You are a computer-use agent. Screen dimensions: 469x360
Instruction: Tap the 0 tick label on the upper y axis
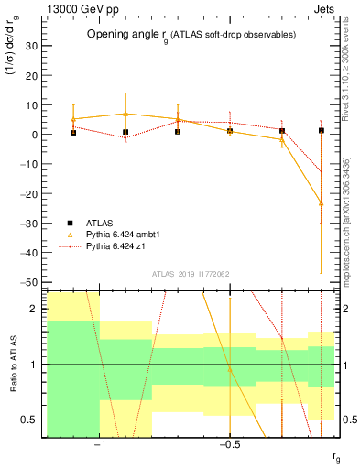pyautogui.click(x=35, y=135)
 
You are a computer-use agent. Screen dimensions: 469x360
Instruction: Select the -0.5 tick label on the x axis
pyautogui.click(x=228, y=446)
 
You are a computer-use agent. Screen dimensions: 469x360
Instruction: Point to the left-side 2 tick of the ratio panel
pyautogui.click(x=35, y=310)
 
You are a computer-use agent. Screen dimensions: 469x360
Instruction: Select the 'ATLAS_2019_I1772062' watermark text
pyautogui.click(x=191, y=273)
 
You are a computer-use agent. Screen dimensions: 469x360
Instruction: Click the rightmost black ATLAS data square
pyautogui.click(x=322, y=130)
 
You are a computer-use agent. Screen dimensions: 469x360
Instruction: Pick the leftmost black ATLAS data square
pyautogui.click(x=73, y=132)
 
